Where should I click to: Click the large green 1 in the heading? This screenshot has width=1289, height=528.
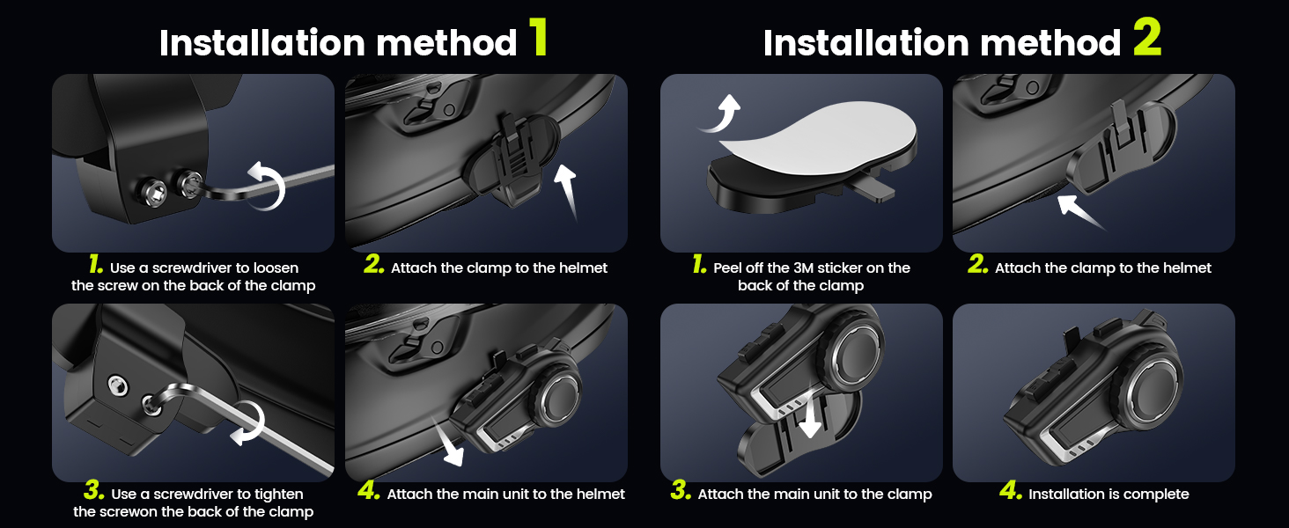click(x=539, y=39)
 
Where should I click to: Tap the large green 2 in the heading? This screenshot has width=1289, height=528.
click(x=1146, y=39)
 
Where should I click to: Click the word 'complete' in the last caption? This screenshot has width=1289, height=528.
click(x=1156, y=495)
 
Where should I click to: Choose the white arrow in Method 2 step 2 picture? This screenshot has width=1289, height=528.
click(x=1080, y=211)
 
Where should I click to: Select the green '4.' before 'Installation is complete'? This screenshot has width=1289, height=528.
click(x=1011, y=493)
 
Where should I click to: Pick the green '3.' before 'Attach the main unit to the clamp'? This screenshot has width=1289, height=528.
click(x=680, y=493)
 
